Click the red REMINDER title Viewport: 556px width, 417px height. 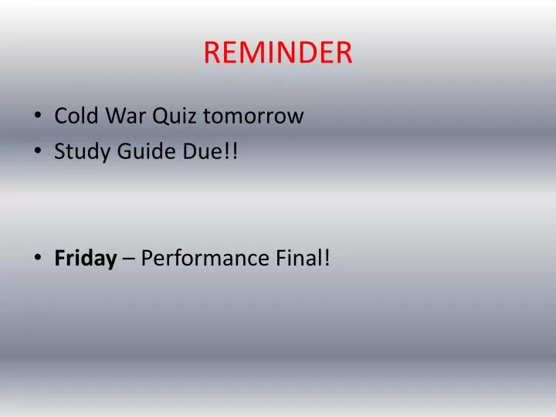278,53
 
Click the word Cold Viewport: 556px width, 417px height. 76,117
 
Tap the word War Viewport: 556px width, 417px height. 125,117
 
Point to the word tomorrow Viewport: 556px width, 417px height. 254,117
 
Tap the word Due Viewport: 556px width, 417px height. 202,151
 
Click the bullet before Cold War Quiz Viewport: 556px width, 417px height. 39,117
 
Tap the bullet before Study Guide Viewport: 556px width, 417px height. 39,152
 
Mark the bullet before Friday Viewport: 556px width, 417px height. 39,259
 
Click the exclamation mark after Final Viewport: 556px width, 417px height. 327,258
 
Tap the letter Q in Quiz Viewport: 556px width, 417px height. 161,117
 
